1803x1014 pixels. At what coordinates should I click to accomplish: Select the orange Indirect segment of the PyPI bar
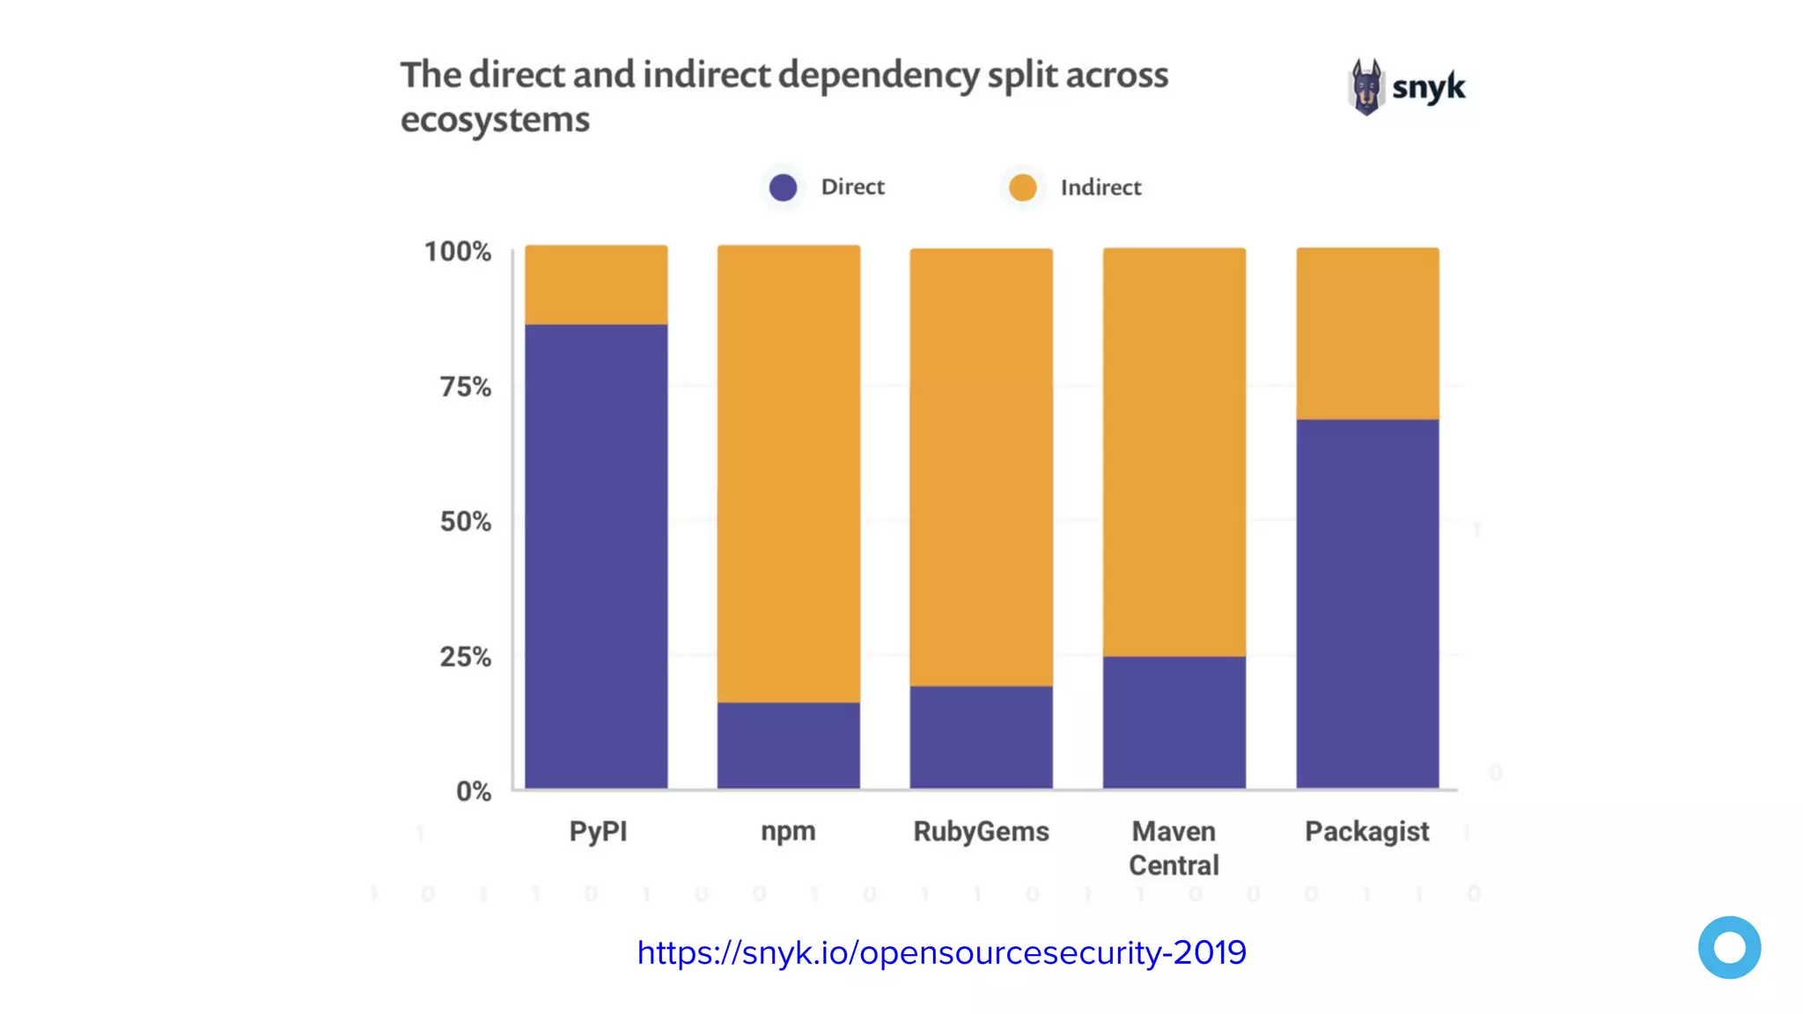596,284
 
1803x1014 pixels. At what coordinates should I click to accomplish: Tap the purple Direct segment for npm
788,745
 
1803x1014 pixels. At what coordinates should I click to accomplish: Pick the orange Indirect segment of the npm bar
788,474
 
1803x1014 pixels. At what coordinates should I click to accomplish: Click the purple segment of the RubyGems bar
981,737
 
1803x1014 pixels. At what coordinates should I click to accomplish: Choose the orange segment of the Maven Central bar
1174,452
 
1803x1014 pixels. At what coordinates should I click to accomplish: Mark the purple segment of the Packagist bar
1367,603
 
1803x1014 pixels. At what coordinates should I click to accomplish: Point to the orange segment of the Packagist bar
1367,334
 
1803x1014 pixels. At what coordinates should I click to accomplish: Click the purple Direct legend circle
783,187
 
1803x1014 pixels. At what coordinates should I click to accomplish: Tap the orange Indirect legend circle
1022,187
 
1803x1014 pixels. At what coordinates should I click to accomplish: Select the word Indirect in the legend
1100,187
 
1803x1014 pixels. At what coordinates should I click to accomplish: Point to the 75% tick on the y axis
466,386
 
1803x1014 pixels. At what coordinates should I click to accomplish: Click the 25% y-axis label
466,657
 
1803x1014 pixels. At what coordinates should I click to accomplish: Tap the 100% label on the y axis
458,252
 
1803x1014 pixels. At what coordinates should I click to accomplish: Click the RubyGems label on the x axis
981,831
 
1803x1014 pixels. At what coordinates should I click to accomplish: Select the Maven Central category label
1174,848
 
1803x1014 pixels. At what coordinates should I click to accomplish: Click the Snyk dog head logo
1366,87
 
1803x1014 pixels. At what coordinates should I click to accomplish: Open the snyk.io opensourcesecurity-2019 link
941,952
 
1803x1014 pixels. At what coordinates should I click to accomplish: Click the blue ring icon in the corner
1729,947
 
